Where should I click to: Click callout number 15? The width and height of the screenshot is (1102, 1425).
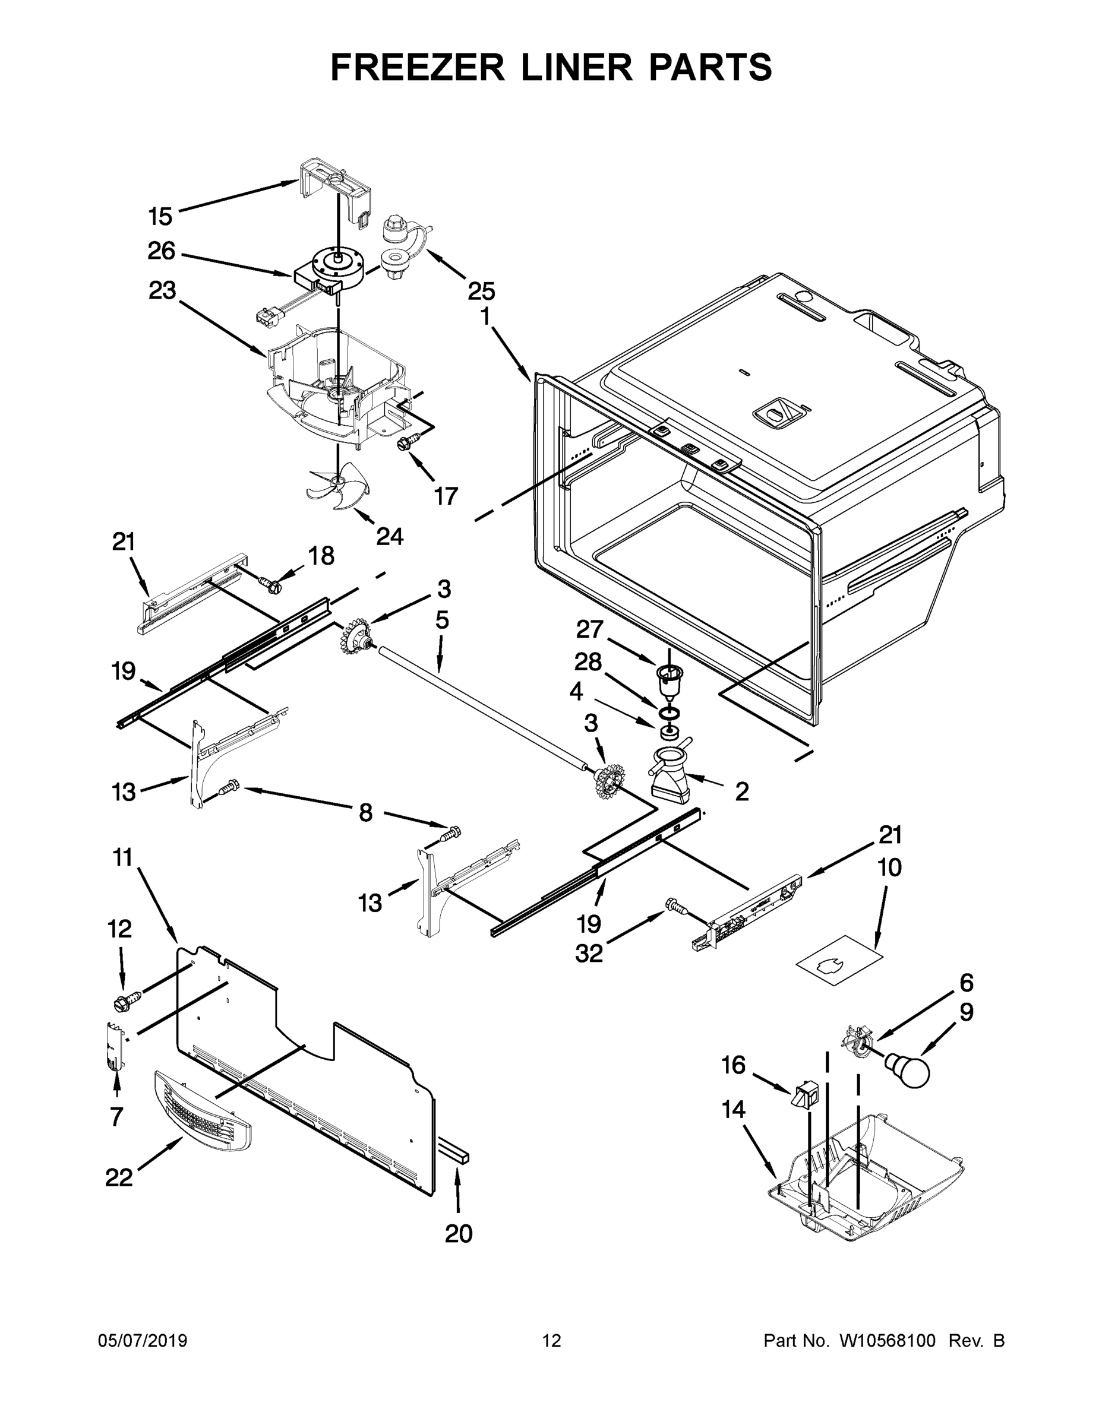[160, 216]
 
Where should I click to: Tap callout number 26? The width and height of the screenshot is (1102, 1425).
[161, 251]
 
